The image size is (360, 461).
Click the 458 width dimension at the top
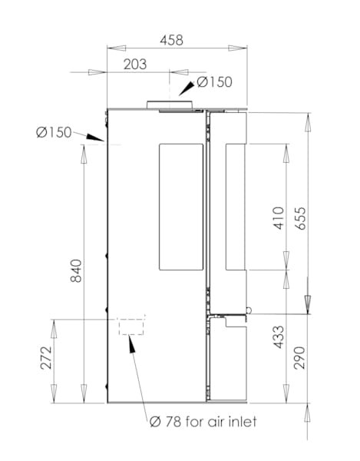(171, 40)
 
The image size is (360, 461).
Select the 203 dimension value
(135, 65)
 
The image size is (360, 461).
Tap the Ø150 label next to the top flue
(214, 82)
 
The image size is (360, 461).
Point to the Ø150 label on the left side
(54, 132)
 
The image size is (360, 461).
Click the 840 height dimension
(76, 270)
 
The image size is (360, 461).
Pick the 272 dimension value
(46, 358)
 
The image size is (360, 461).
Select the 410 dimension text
(279, 218)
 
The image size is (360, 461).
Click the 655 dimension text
(300, 218)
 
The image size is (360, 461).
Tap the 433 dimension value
(279, 337)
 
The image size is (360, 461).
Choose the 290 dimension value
(300, 358)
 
